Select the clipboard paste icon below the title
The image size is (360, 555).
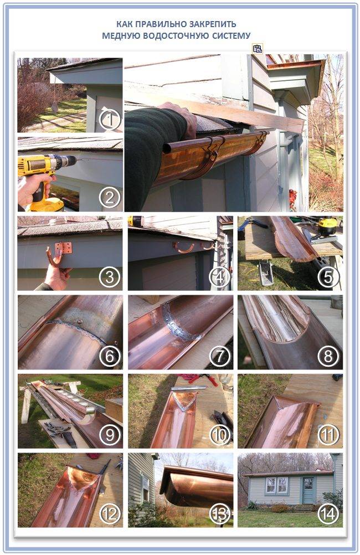tap(258, 49)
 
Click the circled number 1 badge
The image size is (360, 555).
tap(110, 120)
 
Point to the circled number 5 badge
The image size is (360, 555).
tap(328, 277)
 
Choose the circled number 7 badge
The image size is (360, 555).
tap(220, 356)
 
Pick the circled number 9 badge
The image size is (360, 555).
tap(110, 435)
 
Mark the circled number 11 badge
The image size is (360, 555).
tap(328, 435)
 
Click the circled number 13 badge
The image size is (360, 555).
tap(220, 514)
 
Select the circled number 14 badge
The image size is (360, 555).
tap(328, 514)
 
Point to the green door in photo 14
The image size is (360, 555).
tap(308, 490)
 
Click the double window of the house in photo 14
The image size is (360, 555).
tap(276, 485)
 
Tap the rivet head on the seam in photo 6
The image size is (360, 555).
tap(79, 322)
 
